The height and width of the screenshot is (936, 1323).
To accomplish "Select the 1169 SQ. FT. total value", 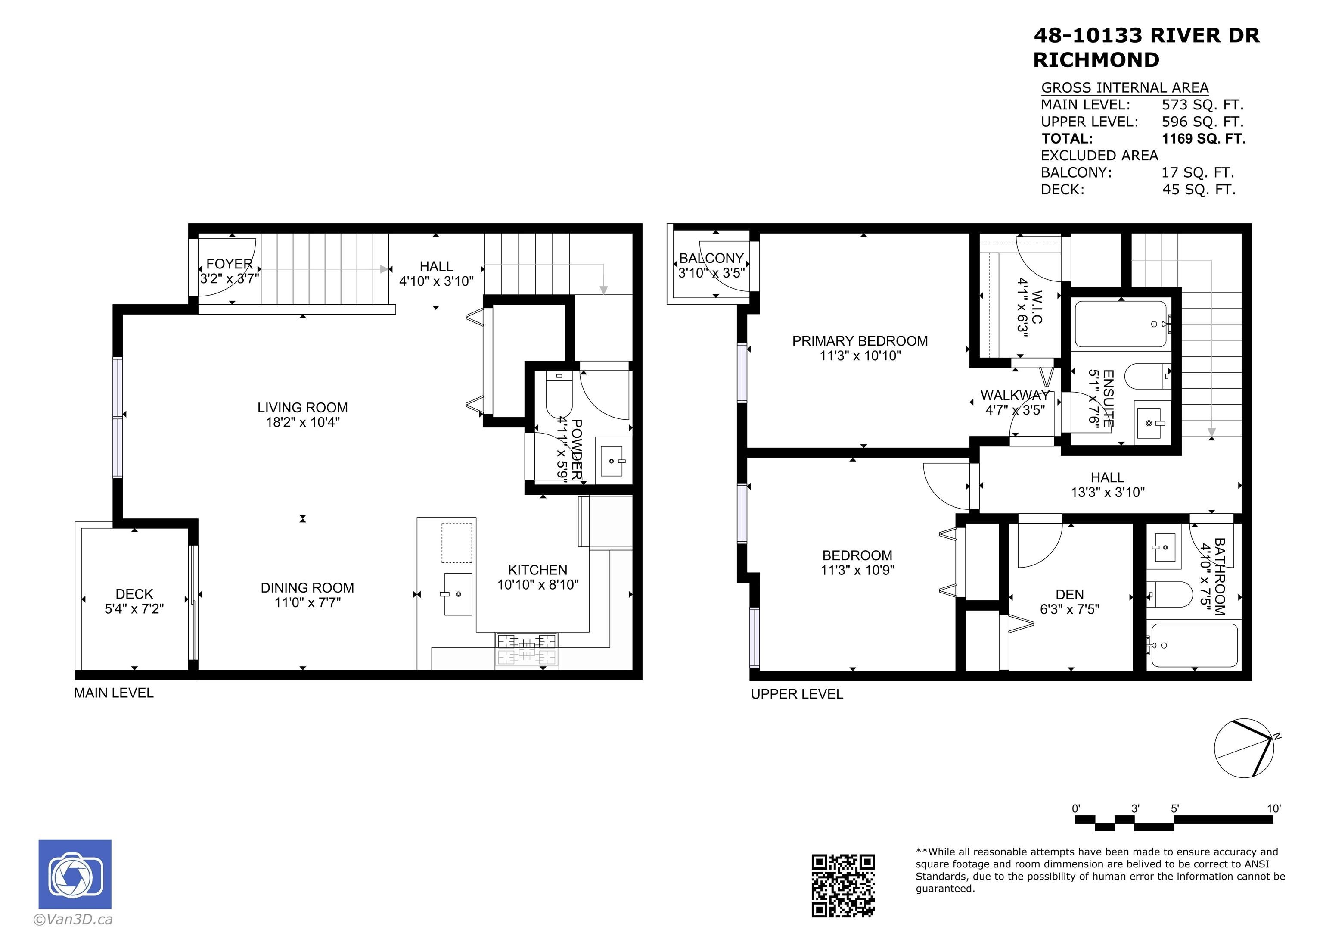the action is pos(1204,138).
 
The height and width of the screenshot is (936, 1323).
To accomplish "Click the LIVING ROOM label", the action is pos(302,408).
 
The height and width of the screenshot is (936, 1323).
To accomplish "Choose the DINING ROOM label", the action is pos(307,588).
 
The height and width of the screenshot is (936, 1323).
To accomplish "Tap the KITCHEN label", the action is pos(537,570).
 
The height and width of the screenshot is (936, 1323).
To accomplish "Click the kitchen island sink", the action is pos(458,594).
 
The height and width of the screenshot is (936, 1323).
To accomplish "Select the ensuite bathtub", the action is pos(1121,324).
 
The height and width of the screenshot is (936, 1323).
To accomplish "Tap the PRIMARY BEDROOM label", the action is pos(860,341).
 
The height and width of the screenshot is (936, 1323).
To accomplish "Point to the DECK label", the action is pos(134,594).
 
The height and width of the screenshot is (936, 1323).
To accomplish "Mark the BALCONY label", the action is pos(711,258).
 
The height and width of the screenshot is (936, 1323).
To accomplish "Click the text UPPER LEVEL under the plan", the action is pos(797,694).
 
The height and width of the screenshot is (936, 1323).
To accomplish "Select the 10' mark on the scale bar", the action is pos(1273,808).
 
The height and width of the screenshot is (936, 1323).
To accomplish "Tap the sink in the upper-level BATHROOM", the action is pos(1163,547).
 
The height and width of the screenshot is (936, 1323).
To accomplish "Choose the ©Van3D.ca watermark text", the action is pos(73,919).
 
